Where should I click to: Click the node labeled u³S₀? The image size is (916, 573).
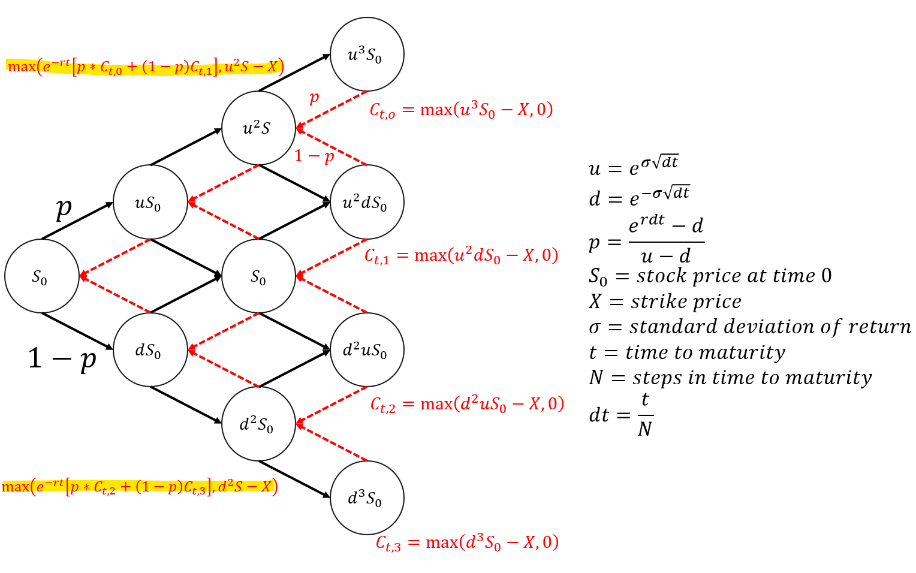(367, 55)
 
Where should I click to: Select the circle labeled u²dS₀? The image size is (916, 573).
(367, 202)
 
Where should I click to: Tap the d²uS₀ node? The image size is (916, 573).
(367, 349)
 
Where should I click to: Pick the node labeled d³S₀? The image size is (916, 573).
(367, 497)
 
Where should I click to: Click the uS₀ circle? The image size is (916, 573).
(150, 202)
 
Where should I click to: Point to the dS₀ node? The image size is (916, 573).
(150, 349)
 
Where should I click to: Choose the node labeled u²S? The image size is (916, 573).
(258, 128)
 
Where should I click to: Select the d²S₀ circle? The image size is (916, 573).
(258, 424)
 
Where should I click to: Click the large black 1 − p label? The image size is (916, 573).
(62, 358)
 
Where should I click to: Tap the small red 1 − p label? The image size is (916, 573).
(314, 156)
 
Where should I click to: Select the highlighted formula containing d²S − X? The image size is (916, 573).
(139, 486)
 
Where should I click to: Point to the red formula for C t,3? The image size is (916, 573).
(467, 542)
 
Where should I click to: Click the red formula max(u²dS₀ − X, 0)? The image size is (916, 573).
(461, 256)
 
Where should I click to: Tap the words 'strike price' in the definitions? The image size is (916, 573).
(686, 301)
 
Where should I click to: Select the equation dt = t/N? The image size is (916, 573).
(621, 414)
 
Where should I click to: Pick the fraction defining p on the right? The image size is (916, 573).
(665, 242)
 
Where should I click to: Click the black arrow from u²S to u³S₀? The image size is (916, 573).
(294, 73)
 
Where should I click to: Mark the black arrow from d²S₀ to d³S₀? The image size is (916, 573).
(294, 479)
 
